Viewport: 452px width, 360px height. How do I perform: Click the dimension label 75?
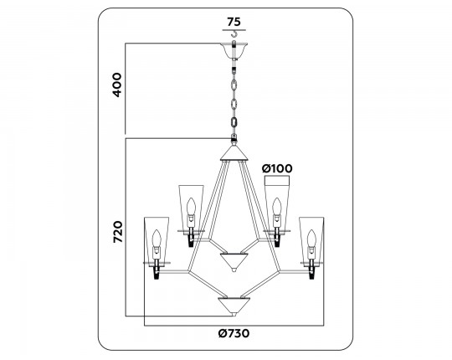point(234,22)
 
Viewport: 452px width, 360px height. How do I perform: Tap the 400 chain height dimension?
point(117,85)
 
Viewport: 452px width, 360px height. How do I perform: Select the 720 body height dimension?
point(118,232)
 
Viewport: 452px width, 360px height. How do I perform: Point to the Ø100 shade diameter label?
point(277,168)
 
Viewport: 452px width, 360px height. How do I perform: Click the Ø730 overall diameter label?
point(234,333)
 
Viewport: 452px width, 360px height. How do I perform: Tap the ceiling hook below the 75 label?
point(234,34)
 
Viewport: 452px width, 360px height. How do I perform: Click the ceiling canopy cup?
point(234,50)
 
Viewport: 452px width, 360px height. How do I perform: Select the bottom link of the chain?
point(234,121)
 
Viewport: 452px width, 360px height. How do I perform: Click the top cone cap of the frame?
point(234,152)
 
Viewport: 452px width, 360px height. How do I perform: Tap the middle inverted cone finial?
point(234,262)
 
